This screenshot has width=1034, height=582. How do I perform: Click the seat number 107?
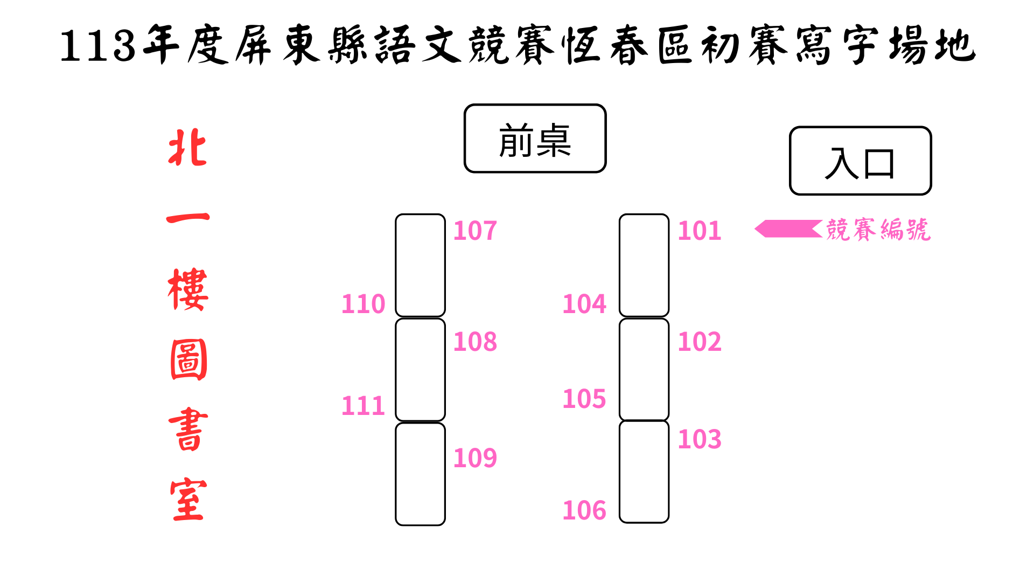(475, 231)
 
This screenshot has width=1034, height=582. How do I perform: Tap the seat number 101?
(699, 231)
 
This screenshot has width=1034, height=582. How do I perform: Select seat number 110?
(364, 304)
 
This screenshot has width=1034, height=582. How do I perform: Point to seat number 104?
(584, 304)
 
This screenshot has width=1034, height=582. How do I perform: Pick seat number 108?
(475, 342)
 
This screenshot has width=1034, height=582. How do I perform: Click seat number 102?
(699, 342)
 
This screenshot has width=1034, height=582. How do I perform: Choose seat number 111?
(364, 405)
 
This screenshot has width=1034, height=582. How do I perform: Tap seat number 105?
(584, 399)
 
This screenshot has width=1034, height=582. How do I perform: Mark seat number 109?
(475, 458)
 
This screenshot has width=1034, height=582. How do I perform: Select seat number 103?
(699, 439)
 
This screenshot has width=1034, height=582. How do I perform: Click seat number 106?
(584, 510)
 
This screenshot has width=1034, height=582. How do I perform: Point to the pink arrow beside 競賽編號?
(788, 229)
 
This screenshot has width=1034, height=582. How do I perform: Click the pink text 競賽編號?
(878, 230)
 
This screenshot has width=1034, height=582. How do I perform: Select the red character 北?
(187, 147)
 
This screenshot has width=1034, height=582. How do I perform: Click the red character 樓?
(187, 289)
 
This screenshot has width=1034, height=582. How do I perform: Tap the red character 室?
(188, 500)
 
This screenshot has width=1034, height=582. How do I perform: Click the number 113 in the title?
(97, 46)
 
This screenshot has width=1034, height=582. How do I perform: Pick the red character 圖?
(188, 359)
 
